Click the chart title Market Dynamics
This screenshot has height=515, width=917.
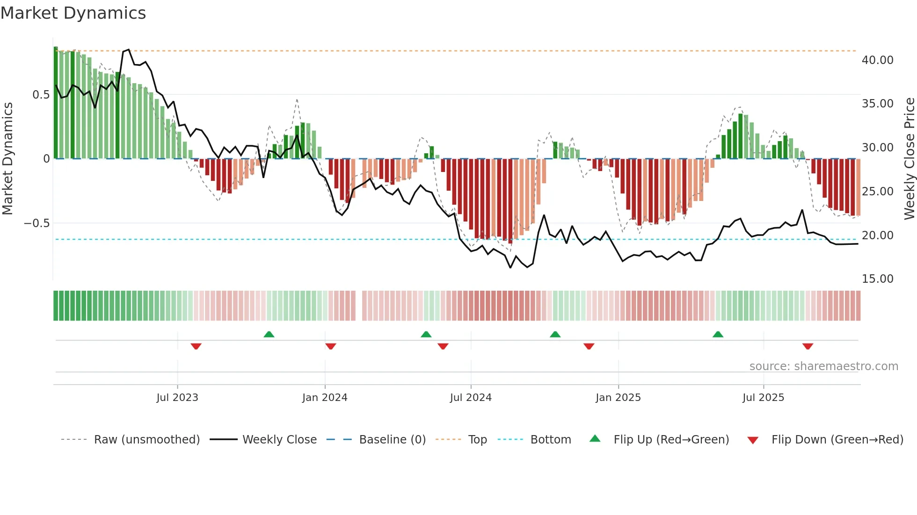tap(73, 13)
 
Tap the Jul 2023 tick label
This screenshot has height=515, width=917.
tap(177, 398)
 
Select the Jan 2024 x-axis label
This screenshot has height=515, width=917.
tap(325, 398)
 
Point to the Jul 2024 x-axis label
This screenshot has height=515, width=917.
tap(471, 398)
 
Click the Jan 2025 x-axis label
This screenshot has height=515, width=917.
tap(618, 398)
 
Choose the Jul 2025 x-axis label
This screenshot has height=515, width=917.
tap(763, 398)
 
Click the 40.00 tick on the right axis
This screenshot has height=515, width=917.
tap(877, 60)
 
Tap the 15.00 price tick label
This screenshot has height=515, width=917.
tap(877, 279)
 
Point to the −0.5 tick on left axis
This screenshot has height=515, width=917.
tap(36, 223)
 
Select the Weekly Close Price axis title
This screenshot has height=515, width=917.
tap(909, 159)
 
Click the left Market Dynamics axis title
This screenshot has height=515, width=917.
tap(7, 159)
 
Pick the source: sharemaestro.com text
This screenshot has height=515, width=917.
tap(823, 366)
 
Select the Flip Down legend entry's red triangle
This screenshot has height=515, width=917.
tap(753, 440)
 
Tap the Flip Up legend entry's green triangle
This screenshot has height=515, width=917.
tap(595, 439)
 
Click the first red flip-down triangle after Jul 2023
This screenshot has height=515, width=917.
tap(196, 346)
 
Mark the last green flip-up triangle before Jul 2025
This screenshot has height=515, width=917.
tap(718, 334)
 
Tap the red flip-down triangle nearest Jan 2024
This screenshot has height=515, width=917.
tap(331, 346)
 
